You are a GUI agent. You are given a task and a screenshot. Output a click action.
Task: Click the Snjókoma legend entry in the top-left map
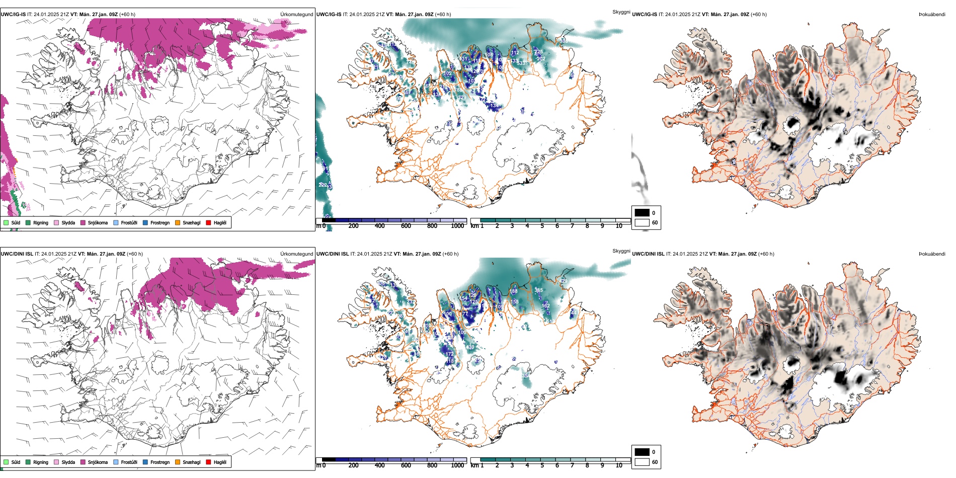[x=97, y=223]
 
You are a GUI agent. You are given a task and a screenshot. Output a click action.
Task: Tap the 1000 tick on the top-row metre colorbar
[x=457, y=226]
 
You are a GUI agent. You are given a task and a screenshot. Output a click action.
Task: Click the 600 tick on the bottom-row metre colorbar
[x=406, y=465]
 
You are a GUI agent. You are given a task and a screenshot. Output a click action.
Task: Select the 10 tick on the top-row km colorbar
[x=619, y=226]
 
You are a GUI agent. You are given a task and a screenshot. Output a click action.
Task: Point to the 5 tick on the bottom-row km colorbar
[x=542, y=465]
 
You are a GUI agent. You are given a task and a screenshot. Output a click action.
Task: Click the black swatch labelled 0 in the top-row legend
[x=642, y=213]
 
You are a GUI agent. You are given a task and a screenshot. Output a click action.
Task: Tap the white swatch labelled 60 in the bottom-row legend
[x=642, y=462]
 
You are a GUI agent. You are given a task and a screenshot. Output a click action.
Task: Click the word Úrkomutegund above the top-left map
[x=296, y=15]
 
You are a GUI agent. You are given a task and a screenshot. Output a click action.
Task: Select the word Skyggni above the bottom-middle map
[x=621, y=251]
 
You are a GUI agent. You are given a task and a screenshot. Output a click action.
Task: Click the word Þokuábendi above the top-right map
[x=932, y=15]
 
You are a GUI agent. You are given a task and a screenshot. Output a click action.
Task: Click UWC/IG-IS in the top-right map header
[x=644, y=15]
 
